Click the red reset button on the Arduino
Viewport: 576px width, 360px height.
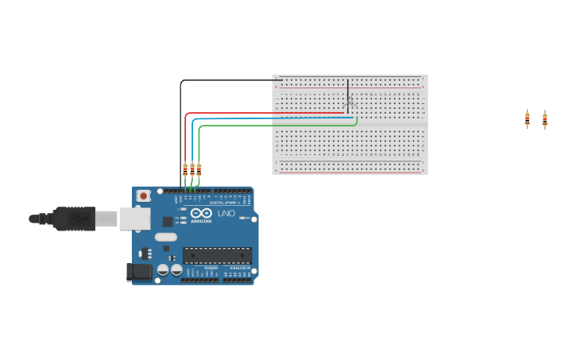143,195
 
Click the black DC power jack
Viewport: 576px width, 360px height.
140,272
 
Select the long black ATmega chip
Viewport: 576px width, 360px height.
217,255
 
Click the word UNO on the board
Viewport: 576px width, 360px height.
226,213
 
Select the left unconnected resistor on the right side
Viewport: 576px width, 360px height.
527,119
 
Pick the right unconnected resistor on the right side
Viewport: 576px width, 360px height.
545,120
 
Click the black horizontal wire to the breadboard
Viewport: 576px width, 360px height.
230,80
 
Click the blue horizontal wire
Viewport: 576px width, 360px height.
270,118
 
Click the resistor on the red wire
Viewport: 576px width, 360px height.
185,169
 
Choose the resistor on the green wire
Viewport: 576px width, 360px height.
199,169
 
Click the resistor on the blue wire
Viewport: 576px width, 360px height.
192,169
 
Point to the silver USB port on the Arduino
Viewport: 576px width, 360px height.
134,219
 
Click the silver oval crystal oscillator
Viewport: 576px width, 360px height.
166,237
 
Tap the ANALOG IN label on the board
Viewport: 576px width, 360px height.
238,269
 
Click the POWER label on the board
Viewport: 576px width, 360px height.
211,269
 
